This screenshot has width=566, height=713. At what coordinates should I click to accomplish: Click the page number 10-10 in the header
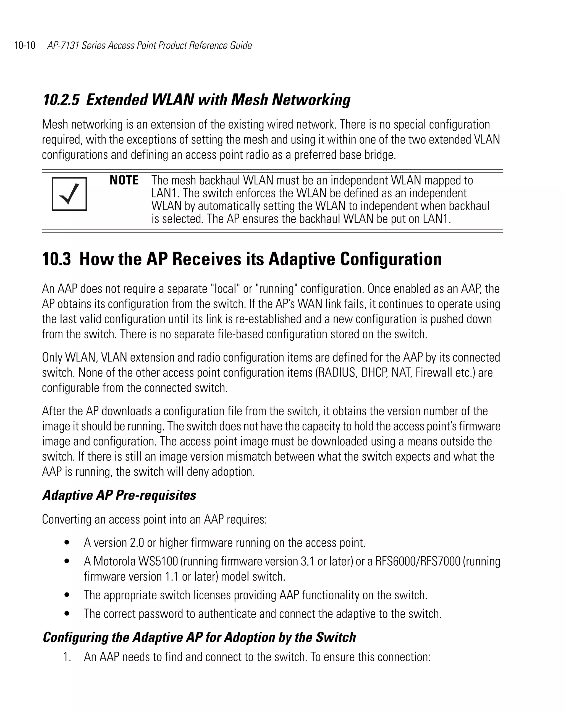pyautogui.click(x=25, y=45)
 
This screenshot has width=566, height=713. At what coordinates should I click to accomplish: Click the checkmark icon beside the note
pyautogui.click(x=69, y=194)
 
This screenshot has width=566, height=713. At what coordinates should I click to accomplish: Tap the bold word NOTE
pyautogui.click(x=124, y=180)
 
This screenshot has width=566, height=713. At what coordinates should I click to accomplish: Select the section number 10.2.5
pyautogui.click(x=61, y=100)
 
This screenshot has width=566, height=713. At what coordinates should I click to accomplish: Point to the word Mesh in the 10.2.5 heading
pyautogui.click(x=249, y=100)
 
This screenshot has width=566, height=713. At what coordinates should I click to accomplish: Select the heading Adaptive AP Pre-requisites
pyautogui.click(x=119, y=495)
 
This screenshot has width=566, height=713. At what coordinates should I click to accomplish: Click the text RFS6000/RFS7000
pyautogui.click(x=418, y=561)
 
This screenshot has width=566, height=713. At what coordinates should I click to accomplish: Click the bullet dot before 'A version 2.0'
pyautogui.click(x=67, y=543)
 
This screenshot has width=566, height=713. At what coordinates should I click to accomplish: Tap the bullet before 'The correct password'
pyautogui.click(x=67, y=614)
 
